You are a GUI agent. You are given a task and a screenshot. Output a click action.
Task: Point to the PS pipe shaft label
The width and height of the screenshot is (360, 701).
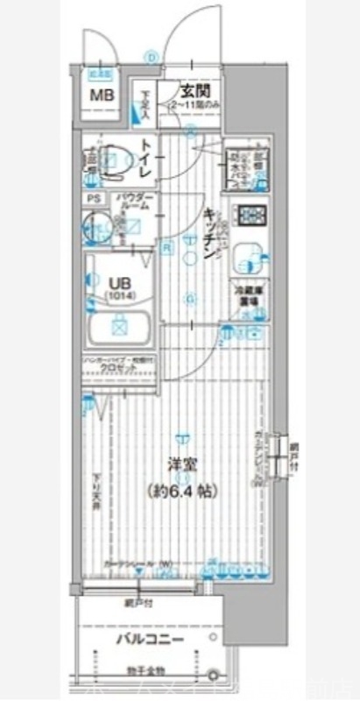92,199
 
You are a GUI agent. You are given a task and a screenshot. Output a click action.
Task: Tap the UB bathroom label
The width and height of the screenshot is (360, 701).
117,283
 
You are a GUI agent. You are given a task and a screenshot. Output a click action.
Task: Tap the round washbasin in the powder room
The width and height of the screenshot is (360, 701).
96,226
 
